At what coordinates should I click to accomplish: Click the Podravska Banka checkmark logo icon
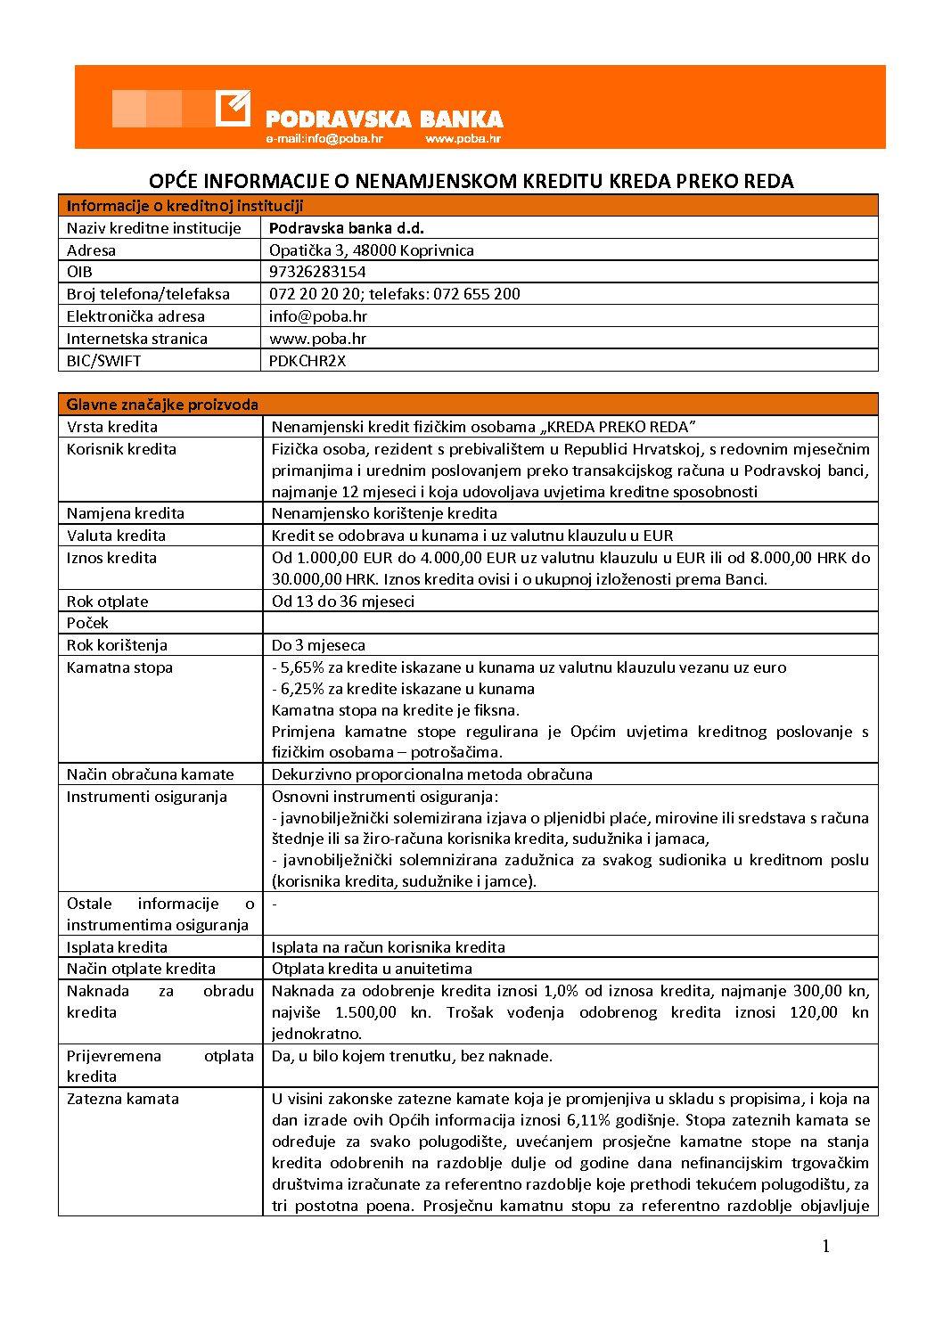coord(233,109)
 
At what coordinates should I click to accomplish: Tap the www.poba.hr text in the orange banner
coord(463,139)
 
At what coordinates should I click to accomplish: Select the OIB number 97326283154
coord(317,272)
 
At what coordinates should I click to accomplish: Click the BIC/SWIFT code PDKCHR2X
coord(307,361)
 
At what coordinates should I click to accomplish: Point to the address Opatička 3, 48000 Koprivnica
coord(372,250)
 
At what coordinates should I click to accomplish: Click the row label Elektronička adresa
coord(135,316)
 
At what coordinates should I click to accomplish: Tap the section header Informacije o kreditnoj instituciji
coord(184,206)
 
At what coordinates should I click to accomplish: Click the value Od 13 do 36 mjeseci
coord(343,602)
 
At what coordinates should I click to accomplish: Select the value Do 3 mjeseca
coord(318,645)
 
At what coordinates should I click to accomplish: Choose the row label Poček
coord(87,623)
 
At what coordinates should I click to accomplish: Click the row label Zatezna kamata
coord(123,1099)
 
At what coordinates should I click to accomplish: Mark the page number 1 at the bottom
coord(825,1246)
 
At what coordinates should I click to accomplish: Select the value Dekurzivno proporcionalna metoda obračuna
coord(431,774)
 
